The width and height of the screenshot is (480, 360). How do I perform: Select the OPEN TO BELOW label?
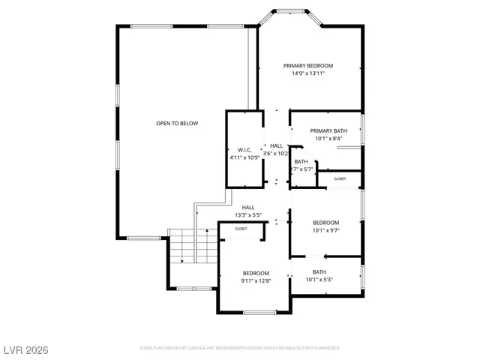[x=177, y=123]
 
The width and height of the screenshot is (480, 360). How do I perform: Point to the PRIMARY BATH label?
[x=328, y=130]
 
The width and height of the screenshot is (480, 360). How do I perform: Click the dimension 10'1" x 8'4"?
[x=328, y=138]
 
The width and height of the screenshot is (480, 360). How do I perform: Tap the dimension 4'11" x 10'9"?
[x=244, y=158]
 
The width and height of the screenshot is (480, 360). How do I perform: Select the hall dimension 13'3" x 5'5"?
[x=247, y=215]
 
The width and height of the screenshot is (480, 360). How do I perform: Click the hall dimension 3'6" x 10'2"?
[x=276, y=153]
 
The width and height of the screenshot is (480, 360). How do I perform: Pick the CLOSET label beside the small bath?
[x=340, y=178]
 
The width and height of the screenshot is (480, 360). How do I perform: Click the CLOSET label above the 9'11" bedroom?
[x=241, y=229]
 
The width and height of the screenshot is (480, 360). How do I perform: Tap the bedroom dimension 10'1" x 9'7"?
[x=325, y=230]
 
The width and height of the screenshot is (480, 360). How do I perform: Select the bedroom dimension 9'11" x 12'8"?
[x=255, y=280]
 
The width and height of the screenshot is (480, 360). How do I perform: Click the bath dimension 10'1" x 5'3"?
[x=319, y=280]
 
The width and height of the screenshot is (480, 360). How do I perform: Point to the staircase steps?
[x=181, y=247]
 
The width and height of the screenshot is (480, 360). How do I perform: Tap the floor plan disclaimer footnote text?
[x=240, y=348]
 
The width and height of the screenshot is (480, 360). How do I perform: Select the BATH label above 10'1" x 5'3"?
[x=319, y=272]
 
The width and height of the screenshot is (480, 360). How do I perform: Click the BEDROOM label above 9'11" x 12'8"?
[x=255, y=273]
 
